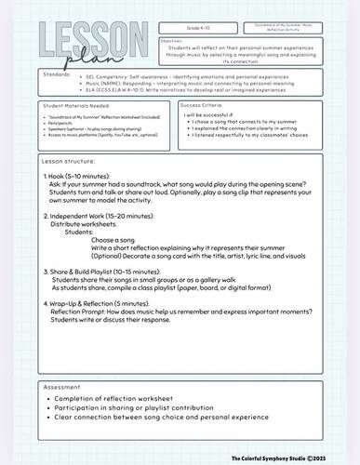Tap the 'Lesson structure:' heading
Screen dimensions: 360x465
pyautogui.click(x=71, y=162)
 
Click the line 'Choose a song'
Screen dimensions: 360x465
pyautogui.click(x=112, y=240)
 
